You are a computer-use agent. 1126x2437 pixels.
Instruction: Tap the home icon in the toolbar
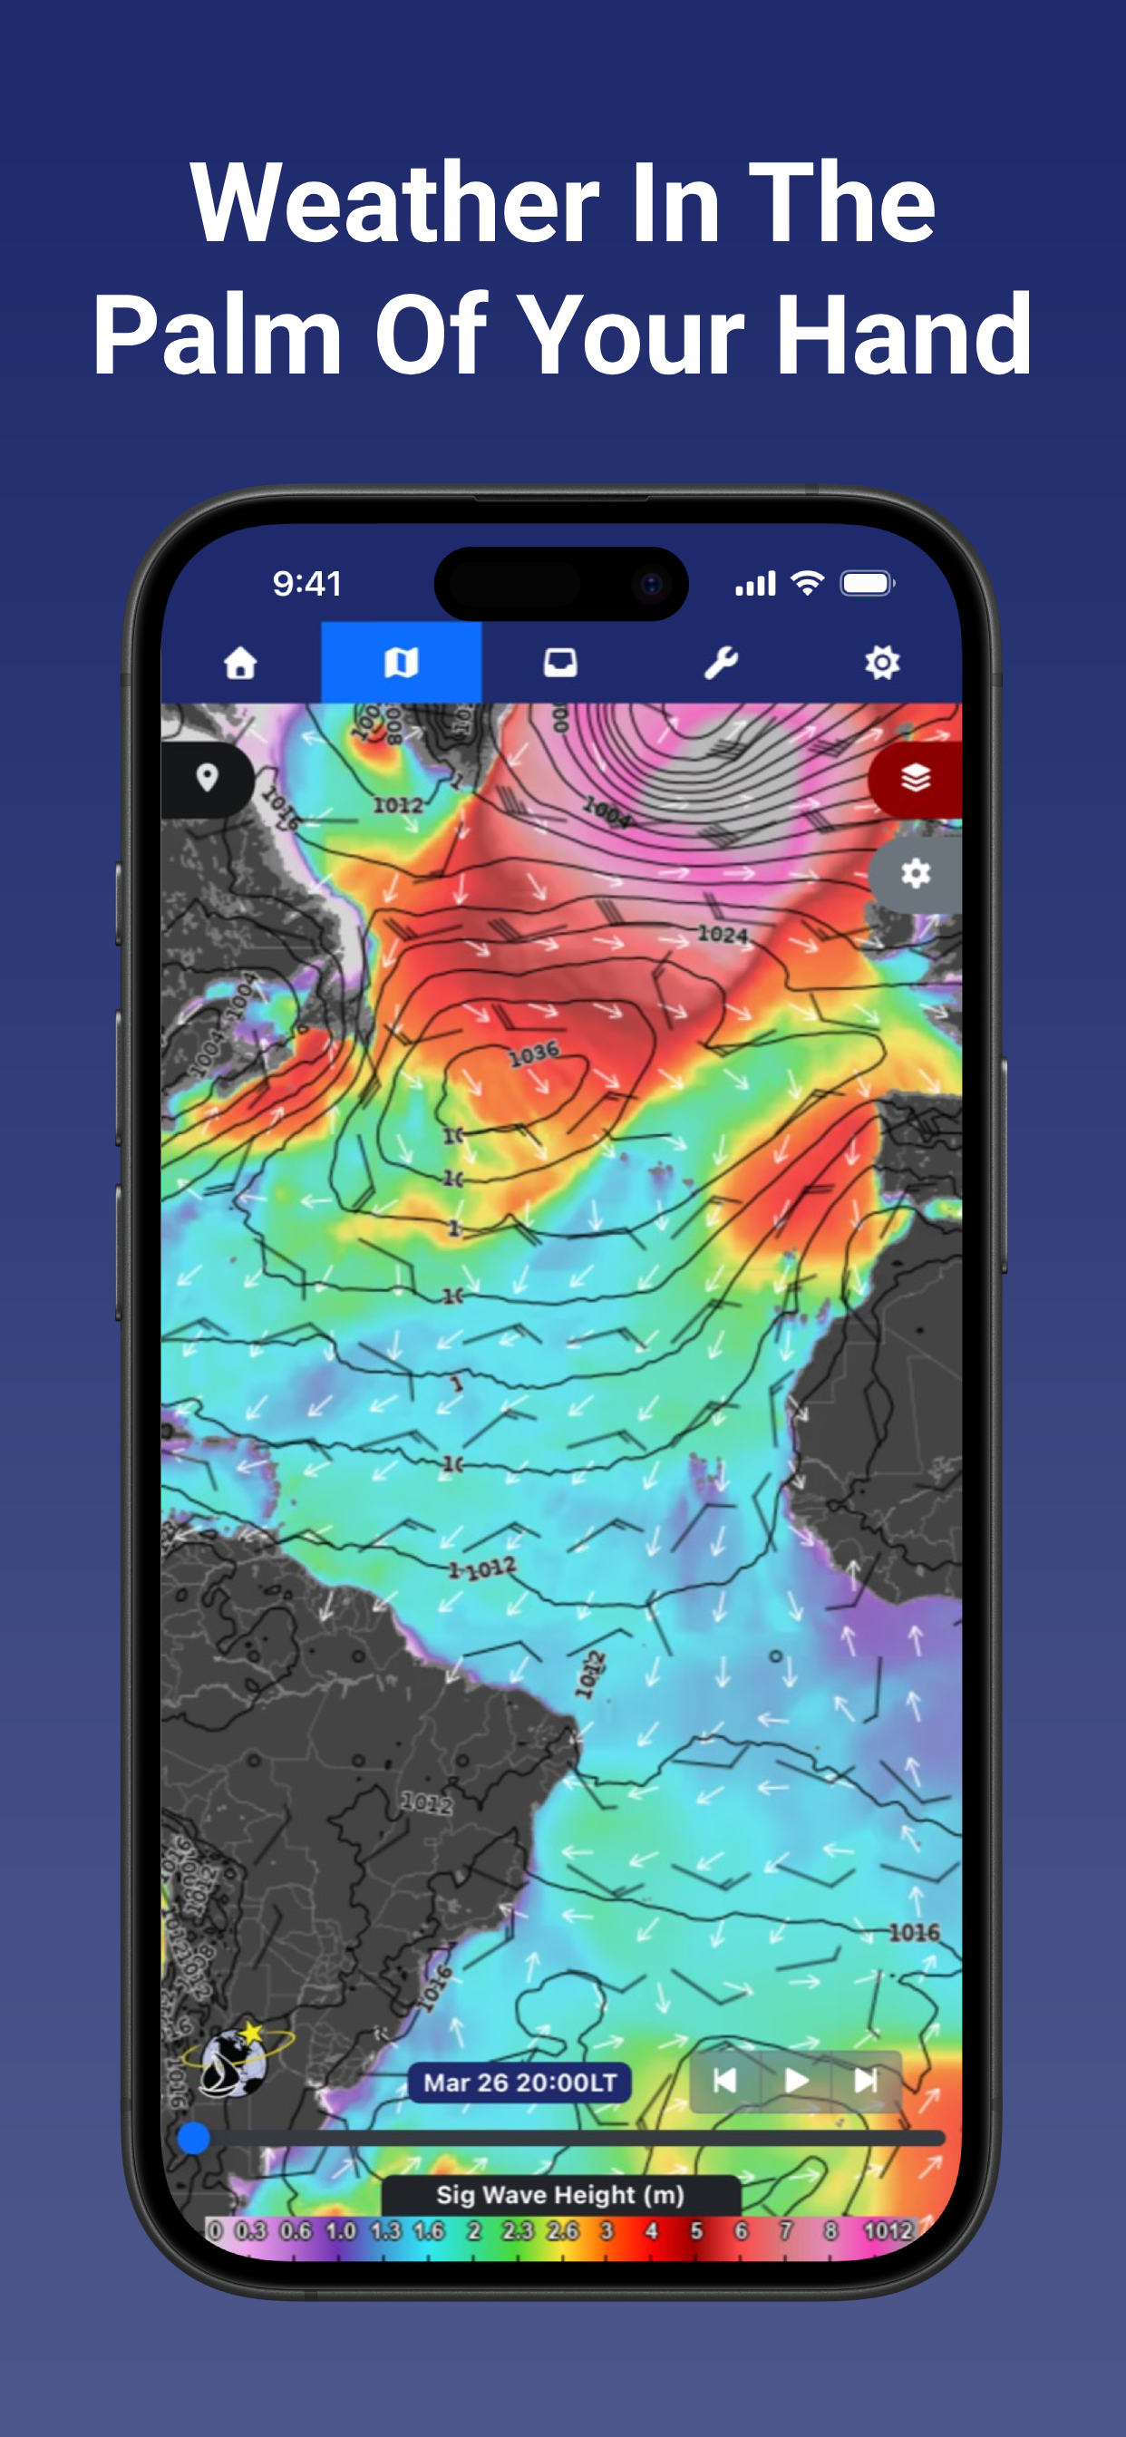pos(240,662)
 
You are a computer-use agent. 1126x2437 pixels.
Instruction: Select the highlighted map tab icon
pos(402,662)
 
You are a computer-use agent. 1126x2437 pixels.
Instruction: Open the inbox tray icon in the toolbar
pos(560,662)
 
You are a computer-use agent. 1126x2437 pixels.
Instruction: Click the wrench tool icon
pos(721,662)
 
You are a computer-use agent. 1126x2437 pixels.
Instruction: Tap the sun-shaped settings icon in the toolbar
pos(882,662)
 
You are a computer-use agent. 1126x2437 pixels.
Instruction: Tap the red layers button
pos(915,779)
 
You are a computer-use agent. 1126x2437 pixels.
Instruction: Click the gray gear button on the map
pos(915,873)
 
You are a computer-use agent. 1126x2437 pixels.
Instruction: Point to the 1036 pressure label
pos(534,1053)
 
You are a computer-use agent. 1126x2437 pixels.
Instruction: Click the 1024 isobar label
pos(722,935)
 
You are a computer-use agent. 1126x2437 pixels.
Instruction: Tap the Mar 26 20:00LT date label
pos(519,2083)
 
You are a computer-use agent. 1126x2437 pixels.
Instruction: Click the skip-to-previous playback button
pos(724,2081)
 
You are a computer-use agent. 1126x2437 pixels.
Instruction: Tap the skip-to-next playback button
pos(866,2081)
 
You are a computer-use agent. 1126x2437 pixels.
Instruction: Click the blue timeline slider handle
pos(194,2138)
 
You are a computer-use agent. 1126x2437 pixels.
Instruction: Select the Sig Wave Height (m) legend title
pos(560,2195)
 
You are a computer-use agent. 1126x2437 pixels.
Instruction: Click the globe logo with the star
pos(237,2061)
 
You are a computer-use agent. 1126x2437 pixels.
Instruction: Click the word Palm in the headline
pos(217,335)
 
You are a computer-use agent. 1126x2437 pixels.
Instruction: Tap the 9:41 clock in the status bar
pos(306,584)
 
